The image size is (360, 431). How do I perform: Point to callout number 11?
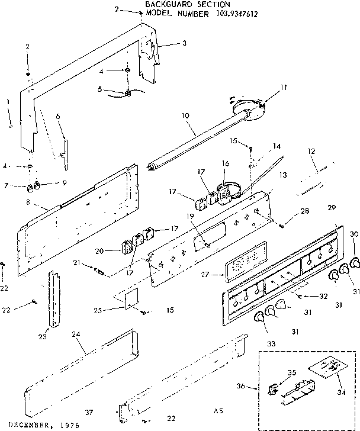[284, 87]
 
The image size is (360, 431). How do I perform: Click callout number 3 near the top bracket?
[184, 43]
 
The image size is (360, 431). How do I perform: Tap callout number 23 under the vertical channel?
[43, 337]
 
